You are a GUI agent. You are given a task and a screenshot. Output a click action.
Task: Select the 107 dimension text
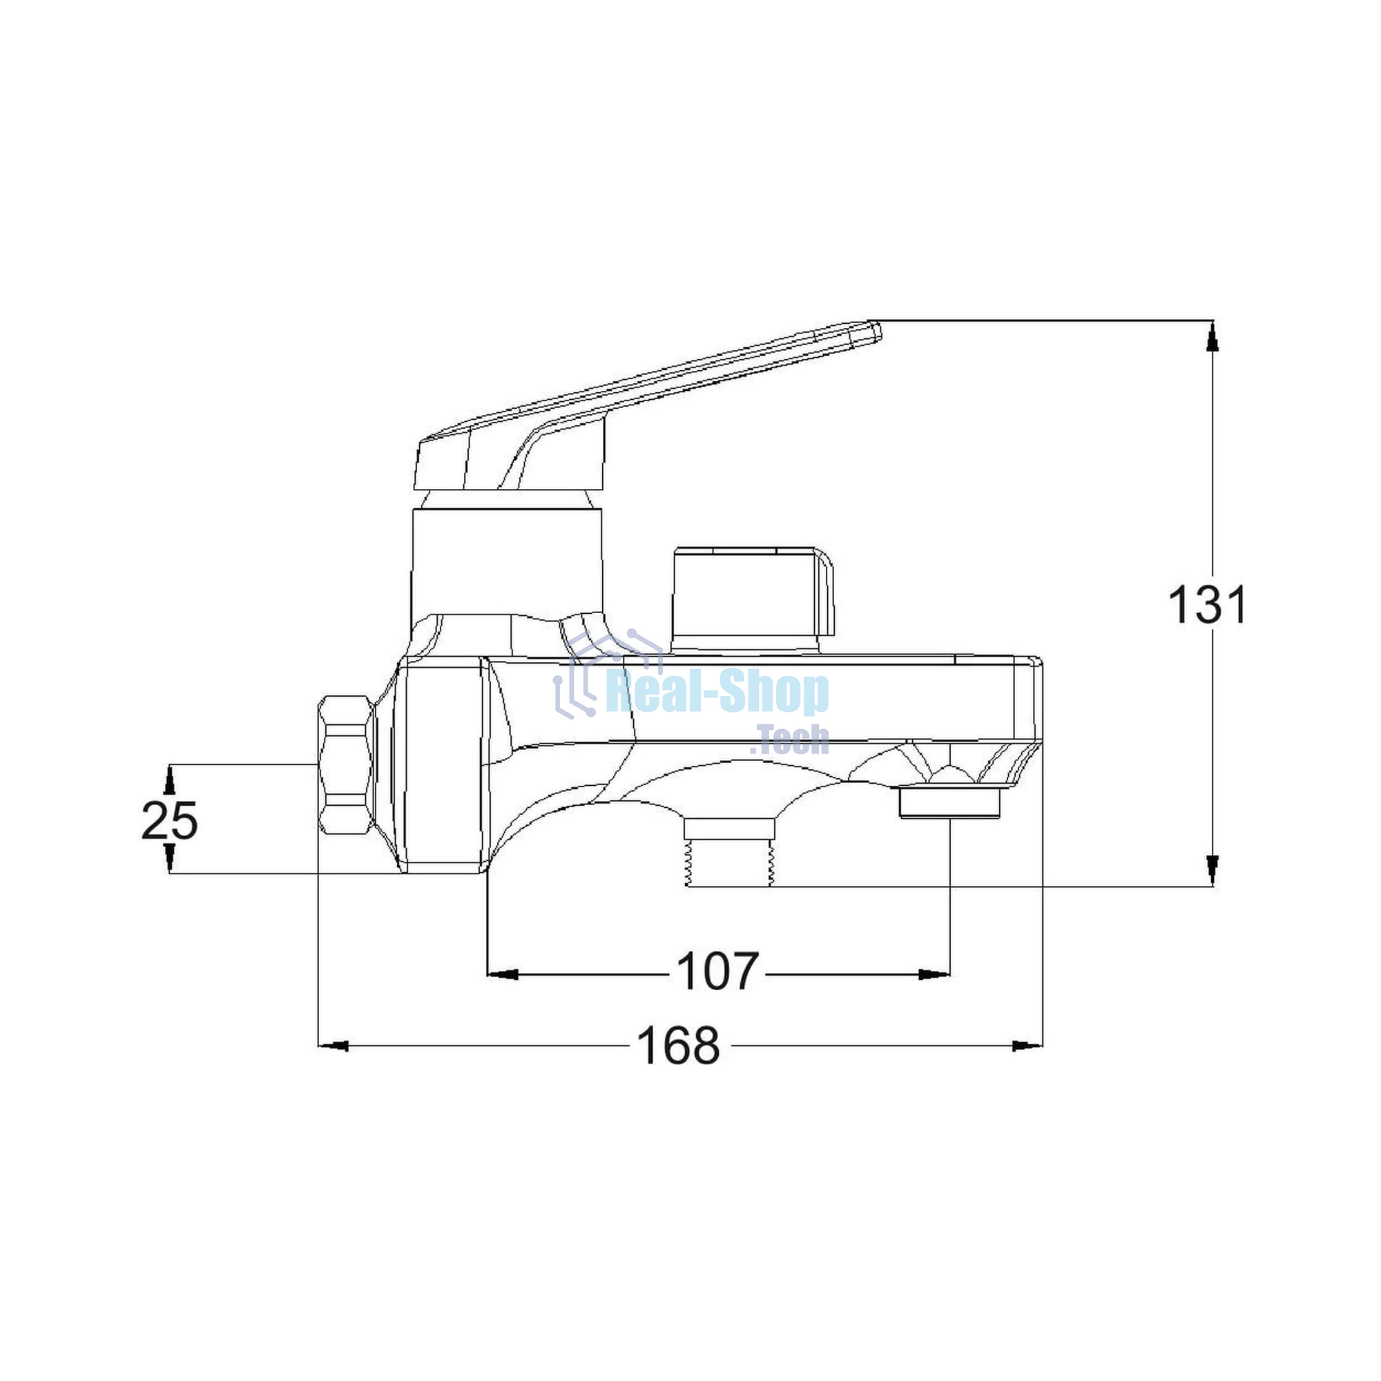pyautogui.click(x=717, y=972)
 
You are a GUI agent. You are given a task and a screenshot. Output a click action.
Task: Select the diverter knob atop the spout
pyautogui.click(x=753, y=599)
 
